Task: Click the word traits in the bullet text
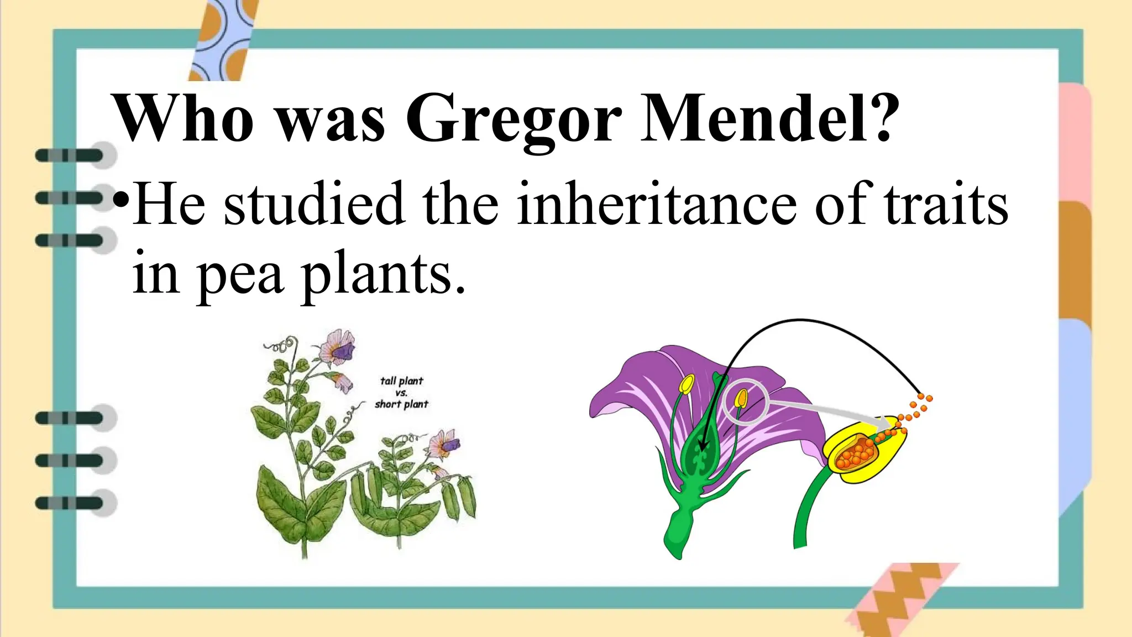click(946, 205)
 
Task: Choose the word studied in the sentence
click(314, 205)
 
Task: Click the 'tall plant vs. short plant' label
click(401, 393)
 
